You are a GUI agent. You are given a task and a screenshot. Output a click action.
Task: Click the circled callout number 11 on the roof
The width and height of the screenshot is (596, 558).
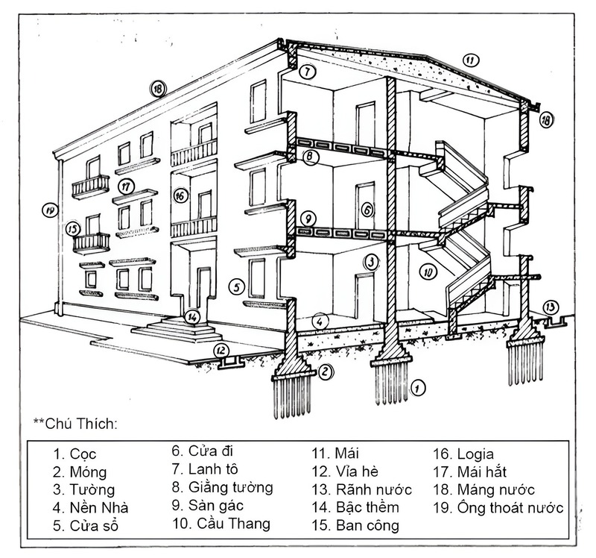point(469,59)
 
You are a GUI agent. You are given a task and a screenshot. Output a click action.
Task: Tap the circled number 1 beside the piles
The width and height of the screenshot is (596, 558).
point(418,387)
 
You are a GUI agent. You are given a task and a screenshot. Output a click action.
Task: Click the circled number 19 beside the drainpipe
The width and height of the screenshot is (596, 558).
point(50,211)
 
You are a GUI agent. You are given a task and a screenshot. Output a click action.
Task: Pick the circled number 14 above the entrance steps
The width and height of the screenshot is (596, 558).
point(192,316)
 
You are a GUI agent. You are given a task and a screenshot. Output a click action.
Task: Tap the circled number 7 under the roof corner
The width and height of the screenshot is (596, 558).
point(308,72)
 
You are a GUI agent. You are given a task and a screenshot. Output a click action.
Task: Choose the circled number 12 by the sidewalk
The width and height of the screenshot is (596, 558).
point(221,349)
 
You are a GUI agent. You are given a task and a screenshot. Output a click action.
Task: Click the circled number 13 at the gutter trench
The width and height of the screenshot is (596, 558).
point(550,307)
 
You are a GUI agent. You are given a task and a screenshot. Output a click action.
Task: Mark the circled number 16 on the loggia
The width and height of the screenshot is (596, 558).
point(179,196)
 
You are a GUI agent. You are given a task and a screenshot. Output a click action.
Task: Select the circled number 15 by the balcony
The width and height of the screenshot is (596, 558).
point(72,228)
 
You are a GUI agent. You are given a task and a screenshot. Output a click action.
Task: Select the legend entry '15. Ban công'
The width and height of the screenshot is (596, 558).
point(356,525)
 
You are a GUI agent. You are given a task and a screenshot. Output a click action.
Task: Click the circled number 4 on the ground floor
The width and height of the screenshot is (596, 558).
point(319,322)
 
